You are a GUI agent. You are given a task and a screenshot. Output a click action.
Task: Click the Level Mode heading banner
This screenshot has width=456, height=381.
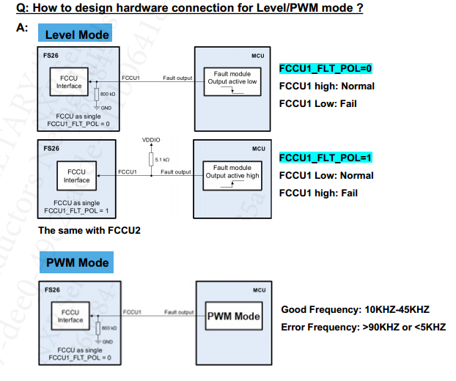(76, 34)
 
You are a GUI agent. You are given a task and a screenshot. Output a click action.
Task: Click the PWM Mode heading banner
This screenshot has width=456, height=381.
(77, 262)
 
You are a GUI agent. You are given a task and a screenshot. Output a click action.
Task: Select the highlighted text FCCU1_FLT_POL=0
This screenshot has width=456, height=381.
(326, 69)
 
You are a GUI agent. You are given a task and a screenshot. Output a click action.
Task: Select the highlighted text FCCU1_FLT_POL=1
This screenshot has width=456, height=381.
(326, 158)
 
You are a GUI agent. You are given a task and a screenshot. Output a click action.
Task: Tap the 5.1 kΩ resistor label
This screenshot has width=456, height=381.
(162, 159)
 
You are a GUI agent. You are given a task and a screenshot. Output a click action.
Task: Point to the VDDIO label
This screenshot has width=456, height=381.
(151, 139)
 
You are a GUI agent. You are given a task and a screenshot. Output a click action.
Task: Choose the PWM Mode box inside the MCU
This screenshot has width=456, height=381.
(233, 317)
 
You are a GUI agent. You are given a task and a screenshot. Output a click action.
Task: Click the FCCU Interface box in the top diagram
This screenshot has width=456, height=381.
(69, 82)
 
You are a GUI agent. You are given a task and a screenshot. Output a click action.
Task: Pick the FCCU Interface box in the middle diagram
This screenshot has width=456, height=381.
(76, 176)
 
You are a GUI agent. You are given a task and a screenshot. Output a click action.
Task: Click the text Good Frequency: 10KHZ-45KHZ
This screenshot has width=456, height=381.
(355, 310)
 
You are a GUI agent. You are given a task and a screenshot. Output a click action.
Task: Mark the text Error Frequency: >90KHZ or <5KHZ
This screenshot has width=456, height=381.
(363, 327)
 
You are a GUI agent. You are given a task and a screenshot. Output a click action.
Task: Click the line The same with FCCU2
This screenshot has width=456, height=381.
(89, 230)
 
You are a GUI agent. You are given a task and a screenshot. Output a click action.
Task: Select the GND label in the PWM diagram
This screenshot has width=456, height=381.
(107, 341)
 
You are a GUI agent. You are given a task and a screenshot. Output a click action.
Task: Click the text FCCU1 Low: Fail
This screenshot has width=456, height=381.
(317, 103)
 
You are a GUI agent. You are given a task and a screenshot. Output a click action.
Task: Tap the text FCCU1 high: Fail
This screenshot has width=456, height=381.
(318, 193)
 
